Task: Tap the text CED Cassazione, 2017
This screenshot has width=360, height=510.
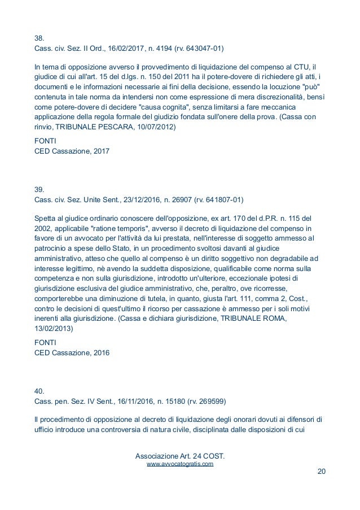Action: pos(72,151)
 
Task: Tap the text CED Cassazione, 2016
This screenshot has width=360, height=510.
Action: pos(72,353)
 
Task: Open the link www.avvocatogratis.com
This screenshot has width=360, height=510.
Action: pos(179,464)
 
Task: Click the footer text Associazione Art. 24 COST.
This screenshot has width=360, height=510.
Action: pos(179,455)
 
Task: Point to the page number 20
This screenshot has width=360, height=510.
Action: pos(321,473)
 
